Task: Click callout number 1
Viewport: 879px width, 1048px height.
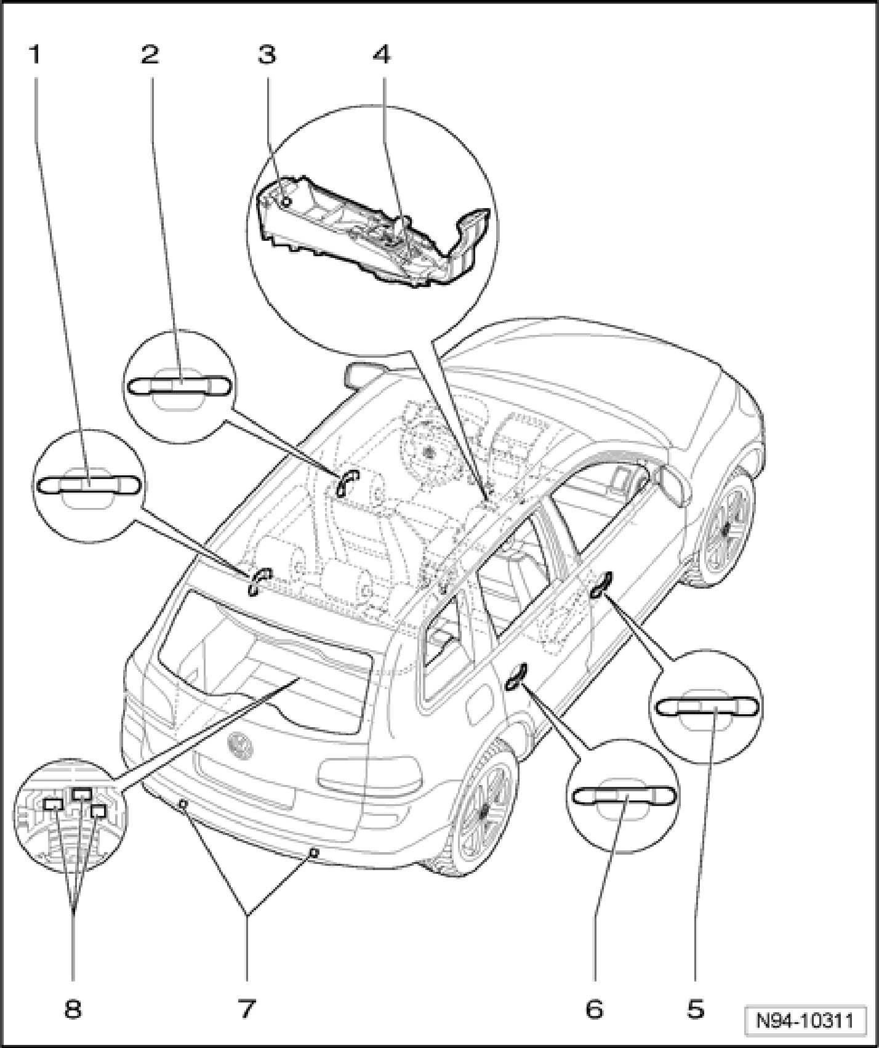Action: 35,55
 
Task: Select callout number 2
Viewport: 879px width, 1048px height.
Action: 150,55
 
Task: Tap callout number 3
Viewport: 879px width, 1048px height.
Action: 267,55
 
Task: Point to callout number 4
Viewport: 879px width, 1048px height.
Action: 382,55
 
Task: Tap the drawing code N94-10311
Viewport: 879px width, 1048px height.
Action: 804,1021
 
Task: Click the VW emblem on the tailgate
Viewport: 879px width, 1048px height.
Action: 240,744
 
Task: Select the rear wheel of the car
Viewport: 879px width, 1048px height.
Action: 480,807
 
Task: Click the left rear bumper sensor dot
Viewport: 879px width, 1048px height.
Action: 182,804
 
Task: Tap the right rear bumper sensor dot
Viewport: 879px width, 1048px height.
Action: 314,853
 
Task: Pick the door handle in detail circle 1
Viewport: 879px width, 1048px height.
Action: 89,485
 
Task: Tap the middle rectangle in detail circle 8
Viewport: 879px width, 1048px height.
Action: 81,794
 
